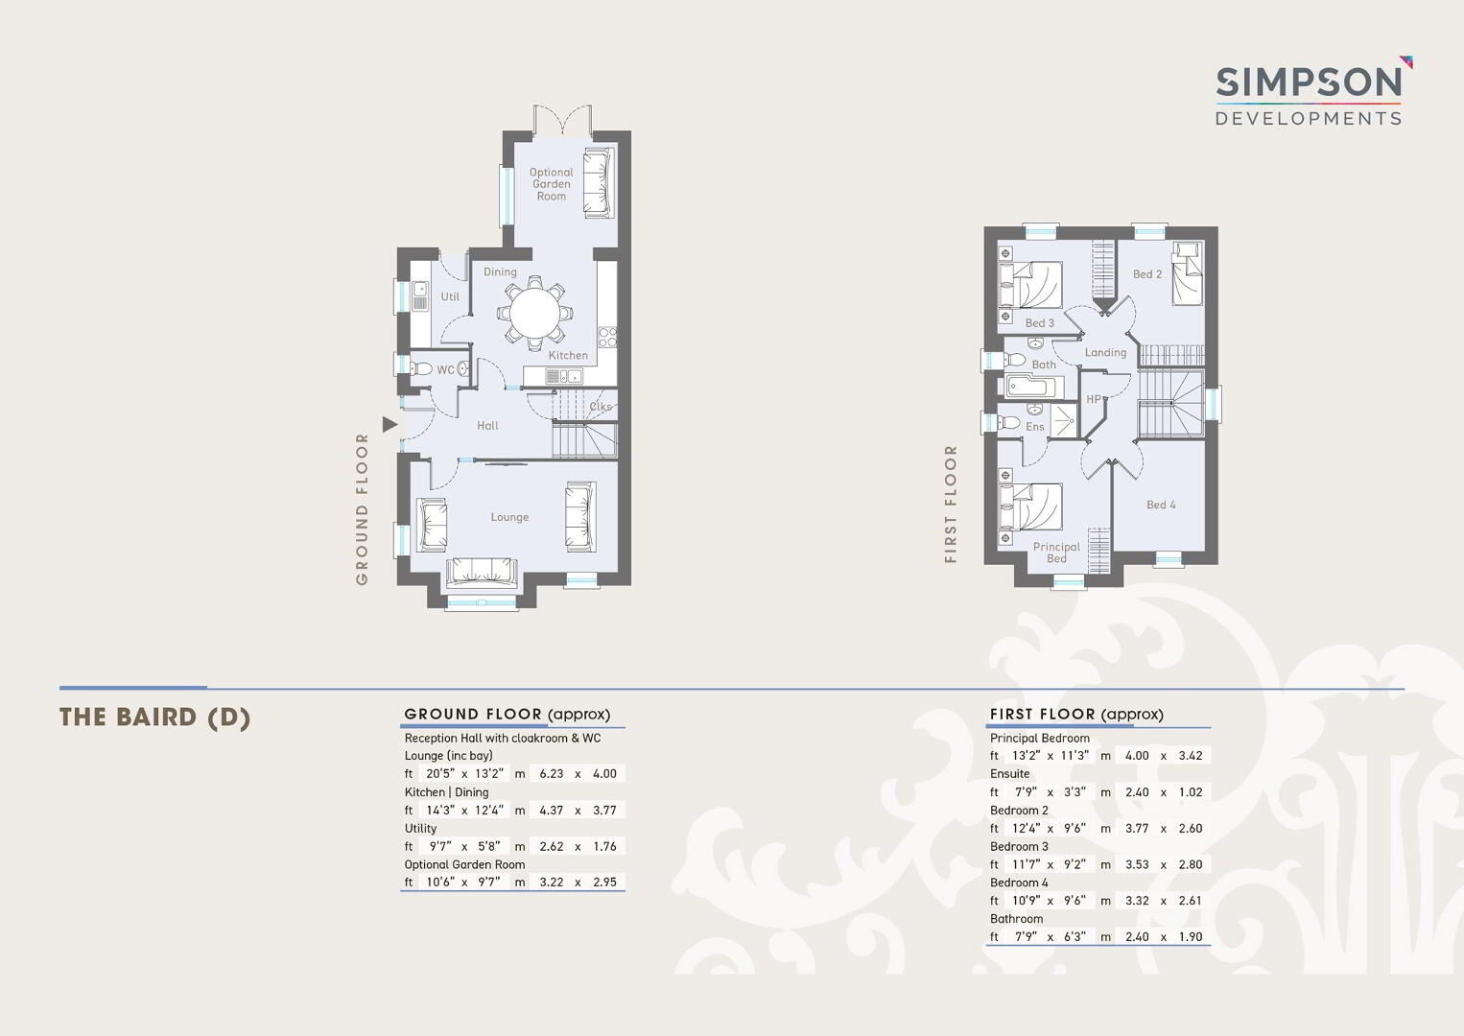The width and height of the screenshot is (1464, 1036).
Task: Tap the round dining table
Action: click(x=534, y=313)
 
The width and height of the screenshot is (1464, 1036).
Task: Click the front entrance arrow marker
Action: click(x=390, y=424)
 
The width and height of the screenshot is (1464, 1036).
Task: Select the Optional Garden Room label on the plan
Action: click(x=551, y=183)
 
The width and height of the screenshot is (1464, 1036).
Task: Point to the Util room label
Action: click(x=450, y=296)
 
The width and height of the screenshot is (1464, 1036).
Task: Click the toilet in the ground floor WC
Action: click(x=420, y=368)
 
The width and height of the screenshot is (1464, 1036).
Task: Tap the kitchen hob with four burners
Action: click(x=608, y=337)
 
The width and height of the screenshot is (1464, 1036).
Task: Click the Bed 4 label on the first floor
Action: click(x=1161, y=505)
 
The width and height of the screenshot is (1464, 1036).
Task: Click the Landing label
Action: click(x=1105, y=352)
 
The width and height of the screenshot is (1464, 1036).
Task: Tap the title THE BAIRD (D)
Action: click(x=154, y=717)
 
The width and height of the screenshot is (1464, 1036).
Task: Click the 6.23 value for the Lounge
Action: click(x=551, y=773)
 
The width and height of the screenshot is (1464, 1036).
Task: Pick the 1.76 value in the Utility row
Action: click(x=604, y=846)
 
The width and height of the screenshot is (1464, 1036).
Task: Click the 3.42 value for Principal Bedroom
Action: click(x=1191, y=755)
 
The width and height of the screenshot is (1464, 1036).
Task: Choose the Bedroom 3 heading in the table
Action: click(x=1019, y=846)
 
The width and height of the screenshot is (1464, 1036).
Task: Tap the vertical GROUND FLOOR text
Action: click(x=362, y=508)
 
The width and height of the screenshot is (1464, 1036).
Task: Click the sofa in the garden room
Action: click(x=598, y=183)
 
